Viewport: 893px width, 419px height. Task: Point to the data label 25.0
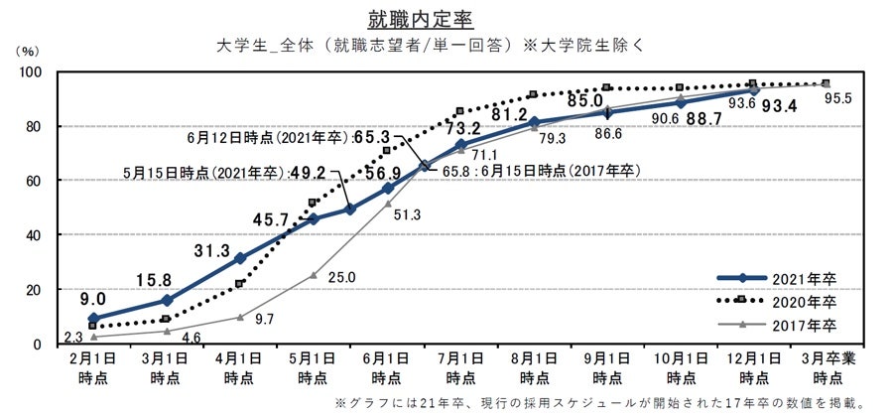tap(343, 277)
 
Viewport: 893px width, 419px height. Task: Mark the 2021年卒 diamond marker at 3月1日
tap(167, 300)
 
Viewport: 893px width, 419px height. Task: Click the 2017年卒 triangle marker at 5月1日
tap(314, 275)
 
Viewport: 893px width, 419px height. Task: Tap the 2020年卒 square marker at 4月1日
tap(240, 283)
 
